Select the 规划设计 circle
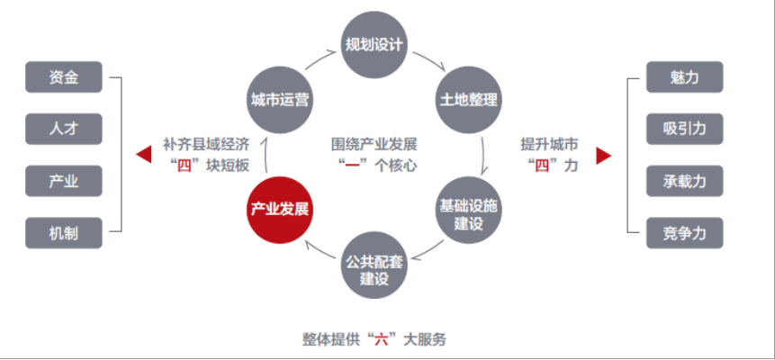[374, 45]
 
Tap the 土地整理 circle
[468, 100]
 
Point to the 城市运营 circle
[280, 100]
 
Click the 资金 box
[64, 77]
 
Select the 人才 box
[64, 129]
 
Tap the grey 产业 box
[64, 181]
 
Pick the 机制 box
[64, 233]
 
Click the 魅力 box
[685, 77]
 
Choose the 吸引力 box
[685, 129]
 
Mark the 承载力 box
[685, 181]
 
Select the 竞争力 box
[685, 233]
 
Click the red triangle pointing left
[144, 155]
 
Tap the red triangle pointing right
[604, 156]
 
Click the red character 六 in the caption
[380, 339]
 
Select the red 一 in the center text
[352, 166]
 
